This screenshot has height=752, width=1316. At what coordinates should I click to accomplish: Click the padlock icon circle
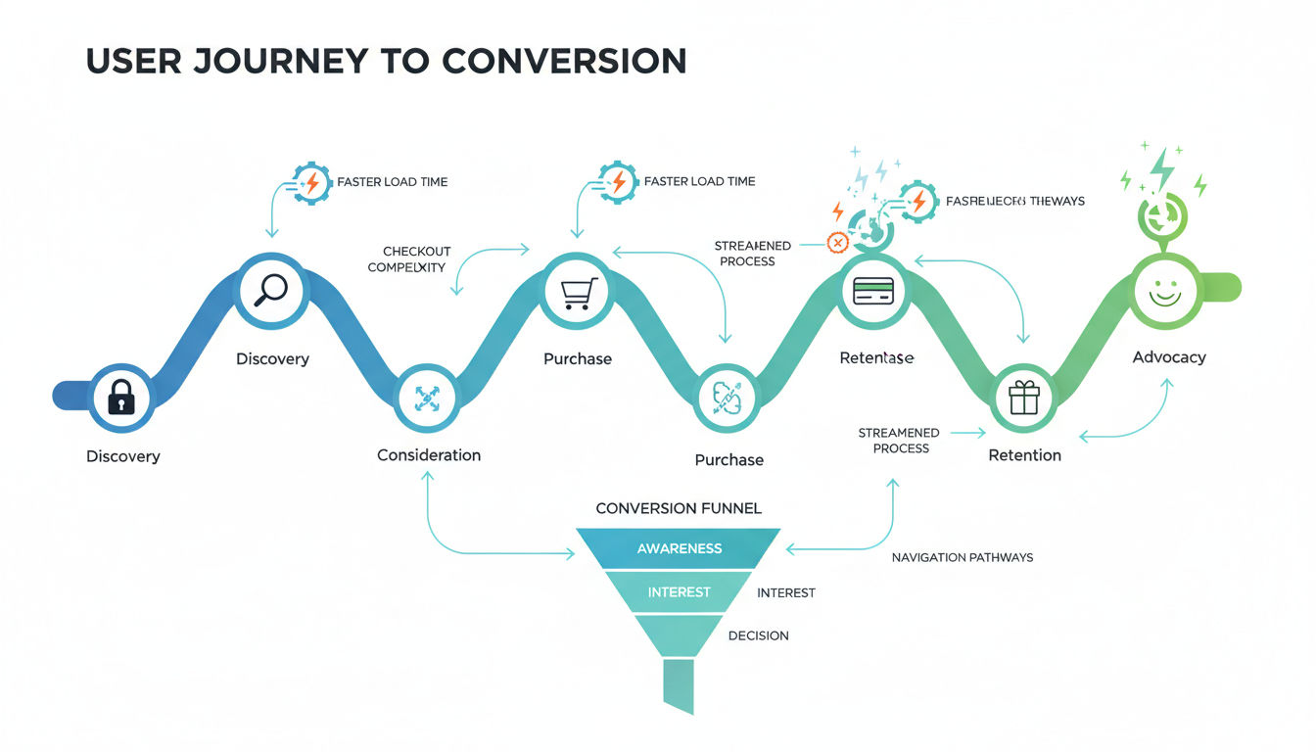(120, 398)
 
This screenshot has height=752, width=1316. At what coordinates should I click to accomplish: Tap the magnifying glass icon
(271, 288)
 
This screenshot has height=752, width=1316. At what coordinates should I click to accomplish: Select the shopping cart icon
(577, 291)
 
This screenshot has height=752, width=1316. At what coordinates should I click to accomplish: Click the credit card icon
(872, 290)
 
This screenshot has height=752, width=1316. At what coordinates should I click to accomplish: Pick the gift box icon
(1023, 398)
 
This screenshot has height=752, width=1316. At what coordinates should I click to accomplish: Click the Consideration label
(429, 455)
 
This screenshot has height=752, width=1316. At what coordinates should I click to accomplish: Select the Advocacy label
(1169, 357)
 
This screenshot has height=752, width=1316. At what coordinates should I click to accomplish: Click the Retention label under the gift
(1024, 455)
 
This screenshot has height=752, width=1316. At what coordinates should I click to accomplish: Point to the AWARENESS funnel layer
(679, 548)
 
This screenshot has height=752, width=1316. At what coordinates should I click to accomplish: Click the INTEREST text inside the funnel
(679, 592)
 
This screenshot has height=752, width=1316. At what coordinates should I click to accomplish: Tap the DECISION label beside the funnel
(758, 635)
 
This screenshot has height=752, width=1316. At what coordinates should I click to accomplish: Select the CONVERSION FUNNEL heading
(679, 508)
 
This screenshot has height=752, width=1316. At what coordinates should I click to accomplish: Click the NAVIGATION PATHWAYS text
(962, 557)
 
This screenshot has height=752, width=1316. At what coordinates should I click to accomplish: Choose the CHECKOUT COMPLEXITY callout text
(408, 259)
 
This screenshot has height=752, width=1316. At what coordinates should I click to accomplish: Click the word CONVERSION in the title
(563, 61)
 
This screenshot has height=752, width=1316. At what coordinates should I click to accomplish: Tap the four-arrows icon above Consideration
(427, 398)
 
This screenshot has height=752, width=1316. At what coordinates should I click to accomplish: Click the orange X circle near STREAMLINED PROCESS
(837, 242)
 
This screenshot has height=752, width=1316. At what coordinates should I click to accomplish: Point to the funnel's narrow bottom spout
(678, 684)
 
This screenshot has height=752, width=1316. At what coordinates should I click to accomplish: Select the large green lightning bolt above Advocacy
(1162, 168)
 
